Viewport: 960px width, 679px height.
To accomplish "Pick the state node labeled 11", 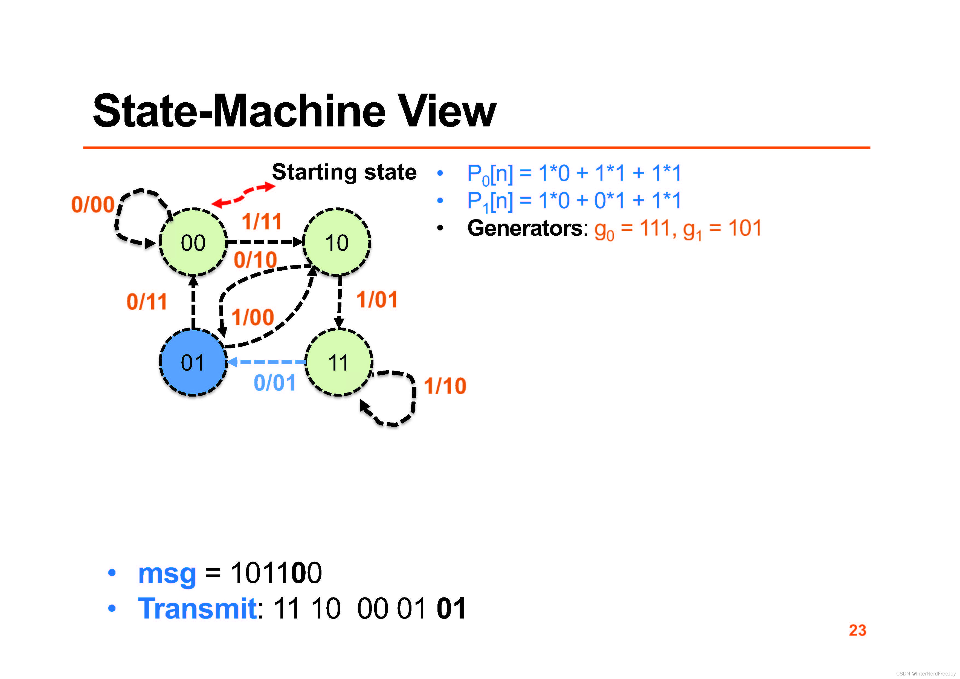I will pos(339,362).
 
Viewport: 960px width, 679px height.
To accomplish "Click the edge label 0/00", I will pos(93,205).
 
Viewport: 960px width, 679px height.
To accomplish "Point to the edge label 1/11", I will pos(262,221).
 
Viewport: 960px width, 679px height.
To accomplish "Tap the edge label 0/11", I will pos(147,302).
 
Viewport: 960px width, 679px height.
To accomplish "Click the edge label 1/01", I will pos(377,300).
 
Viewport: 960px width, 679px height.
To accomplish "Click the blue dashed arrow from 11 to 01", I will pos(268,362).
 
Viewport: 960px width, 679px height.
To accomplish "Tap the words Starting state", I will pos(344,172).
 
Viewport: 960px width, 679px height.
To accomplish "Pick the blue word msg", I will pos(167,573).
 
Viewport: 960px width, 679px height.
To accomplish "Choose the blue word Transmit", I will pos(197,608).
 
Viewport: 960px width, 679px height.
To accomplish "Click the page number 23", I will pos(857,630).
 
